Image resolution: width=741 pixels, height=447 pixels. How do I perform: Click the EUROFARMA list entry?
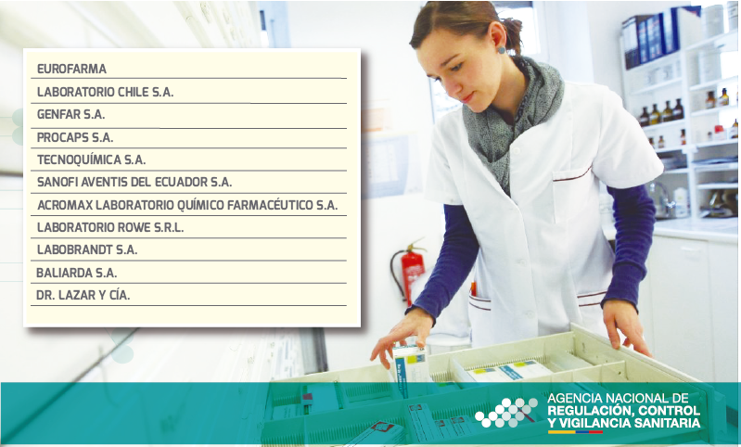pos(71,69)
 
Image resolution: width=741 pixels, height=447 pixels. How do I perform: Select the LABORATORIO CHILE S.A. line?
pos(106,92)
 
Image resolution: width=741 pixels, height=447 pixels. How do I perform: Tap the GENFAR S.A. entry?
pos(70,114)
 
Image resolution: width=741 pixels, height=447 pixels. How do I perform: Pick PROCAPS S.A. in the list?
pos(75,137)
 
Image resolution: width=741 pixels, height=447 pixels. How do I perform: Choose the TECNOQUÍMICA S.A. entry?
pos(91,160)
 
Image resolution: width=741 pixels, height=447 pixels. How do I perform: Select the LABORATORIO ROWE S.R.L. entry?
pos(110,227)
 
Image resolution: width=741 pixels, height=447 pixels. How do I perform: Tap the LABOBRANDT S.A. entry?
pos(87,249)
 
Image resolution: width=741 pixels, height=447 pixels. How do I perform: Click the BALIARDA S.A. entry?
pos(77,273)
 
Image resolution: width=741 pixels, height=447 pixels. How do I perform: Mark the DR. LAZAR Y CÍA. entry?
pos(83,295)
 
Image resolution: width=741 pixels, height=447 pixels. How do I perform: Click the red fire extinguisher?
pos(409,271)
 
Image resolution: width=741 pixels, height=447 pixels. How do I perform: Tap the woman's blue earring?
pos(501,49)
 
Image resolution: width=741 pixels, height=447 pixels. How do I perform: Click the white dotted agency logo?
pos(506,413)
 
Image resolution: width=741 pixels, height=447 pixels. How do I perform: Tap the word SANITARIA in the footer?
pos(667,423)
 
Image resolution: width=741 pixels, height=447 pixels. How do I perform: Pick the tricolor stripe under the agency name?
pos(575,431)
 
